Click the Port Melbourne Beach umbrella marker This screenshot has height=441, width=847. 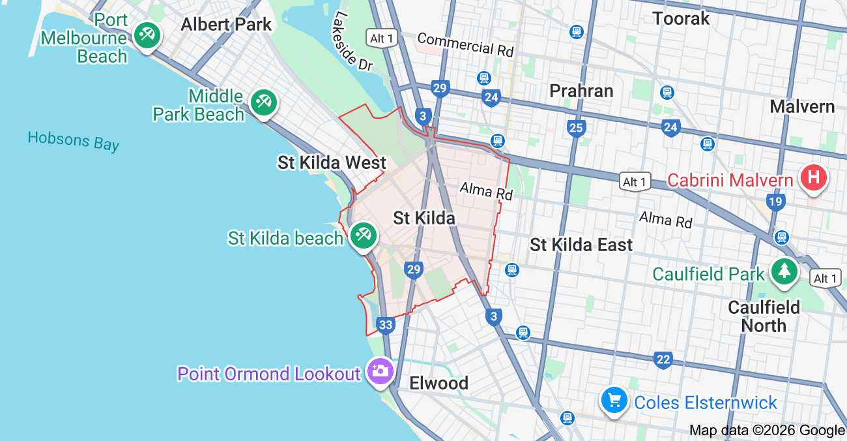[x=147, y=33]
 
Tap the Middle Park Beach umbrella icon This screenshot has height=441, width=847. [x=263, y=102]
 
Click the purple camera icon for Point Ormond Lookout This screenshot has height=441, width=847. [x=380, y=371]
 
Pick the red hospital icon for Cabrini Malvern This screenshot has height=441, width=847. [x=813, y=177]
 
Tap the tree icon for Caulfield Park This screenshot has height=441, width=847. [x=784, y=271]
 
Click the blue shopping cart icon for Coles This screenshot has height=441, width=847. [x=614, y=400]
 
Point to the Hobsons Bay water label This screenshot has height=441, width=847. [x=74, y=140]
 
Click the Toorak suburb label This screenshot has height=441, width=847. [x=681, y=18]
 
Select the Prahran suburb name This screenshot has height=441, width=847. [x=581, y=91]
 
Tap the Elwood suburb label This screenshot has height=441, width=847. [x=438, y=383]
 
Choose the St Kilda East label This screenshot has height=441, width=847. [x=581, y=245]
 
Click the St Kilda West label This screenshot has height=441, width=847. [x=332, y=162]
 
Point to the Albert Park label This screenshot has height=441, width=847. [x=226, y=25]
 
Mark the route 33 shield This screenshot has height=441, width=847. [x=386, y=325]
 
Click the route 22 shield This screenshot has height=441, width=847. [x=663, y=359]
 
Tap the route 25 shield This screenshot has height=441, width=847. [x=576, y=128]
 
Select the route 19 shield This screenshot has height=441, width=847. [x=775, y=202]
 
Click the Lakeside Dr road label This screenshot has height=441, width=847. [x=352, y=40]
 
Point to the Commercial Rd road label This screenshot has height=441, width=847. [x=465, y=44]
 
